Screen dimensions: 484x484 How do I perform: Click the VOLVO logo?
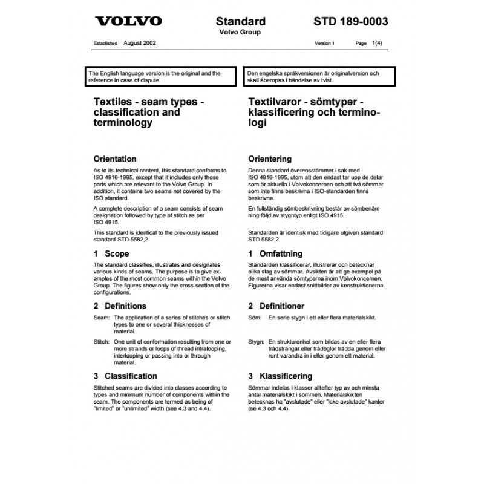128,22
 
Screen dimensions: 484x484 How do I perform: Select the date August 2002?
140,44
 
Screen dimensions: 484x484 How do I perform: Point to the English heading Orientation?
113,159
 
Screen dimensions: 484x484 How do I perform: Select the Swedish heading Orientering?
273,159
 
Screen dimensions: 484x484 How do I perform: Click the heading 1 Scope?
108,254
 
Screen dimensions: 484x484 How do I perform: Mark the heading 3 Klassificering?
280,376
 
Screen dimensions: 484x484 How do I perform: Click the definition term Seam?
97,318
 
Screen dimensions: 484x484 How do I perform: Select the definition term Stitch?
97,341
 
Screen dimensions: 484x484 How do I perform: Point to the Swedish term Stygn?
257,342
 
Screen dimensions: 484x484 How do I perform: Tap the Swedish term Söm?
255,318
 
